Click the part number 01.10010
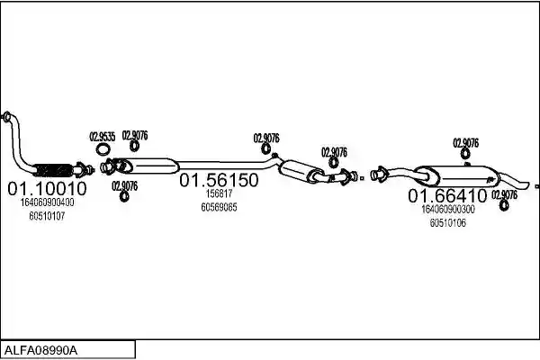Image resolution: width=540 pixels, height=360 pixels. tap(47, 188)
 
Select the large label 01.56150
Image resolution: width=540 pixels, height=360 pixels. tap(219, 180)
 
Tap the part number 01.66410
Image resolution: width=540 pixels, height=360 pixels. tap(447, 195)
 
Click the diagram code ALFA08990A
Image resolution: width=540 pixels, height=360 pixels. tap(40, 351)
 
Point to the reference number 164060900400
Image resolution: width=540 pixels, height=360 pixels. tap(47, 202)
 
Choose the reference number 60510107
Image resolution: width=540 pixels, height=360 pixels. tap(47, 216)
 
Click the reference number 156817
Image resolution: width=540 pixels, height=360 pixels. tap(219, 193)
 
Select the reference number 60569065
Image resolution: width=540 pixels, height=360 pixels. tap(219, 207)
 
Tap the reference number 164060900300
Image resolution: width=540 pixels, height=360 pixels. tap(448, 209)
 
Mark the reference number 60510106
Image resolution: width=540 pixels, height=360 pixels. tap(448, 223)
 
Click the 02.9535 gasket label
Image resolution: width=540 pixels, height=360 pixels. tap(103, 137)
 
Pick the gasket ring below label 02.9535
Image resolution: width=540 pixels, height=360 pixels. tap(103, 150)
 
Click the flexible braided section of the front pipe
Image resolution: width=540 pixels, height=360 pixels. tap(53, 170)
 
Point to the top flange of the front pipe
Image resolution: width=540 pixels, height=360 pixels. tap(6, 116)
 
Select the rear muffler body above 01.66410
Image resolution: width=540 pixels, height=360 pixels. tap(457, 176)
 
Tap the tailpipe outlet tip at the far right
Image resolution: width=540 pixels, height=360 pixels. tap(526, 185)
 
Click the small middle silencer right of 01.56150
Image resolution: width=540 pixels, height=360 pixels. tap(301, 171)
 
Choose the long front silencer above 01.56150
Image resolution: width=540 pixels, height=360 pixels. tap(148, 166)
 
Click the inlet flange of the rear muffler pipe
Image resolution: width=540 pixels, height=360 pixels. tap(379, 175)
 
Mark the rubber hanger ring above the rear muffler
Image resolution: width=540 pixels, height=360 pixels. tap(465, 154)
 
